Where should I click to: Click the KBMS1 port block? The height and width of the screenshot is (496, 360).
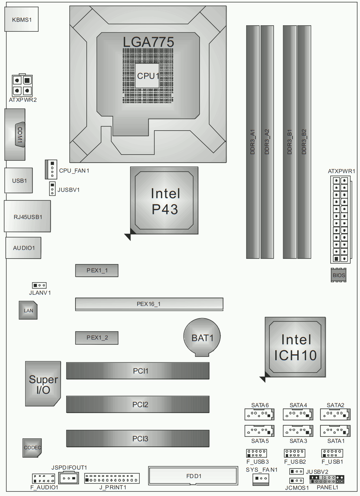(21, 19)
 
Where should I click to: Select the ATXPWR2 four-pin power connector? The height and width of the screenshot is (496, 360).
(22, 85)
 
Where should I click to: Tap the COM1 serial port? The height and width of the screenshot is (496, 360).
(15, 134)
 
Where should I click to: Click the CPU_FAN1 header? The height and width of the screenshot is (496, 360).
(51, 169)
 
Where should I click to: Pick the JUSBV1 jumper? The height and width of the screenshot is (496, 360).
(52, 189)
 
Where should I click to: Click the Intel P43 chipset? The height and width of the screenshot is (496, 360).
(164, 201)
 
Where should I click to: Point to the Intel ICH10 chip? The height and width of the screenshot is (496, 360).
(295, 347)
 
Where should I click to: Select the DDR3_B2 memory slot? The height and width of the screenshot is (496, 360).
(304, 142)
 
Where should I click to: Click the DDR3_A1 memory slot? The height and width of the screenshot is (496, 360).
(253, 142)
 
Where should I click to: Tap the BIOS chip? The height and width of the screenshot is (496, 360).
(339, 275)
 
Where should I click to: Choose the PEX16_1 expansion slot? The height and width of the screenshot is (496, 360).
(149, 304)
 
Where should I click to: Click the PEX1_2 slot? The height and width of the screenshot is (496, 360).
(97, 338)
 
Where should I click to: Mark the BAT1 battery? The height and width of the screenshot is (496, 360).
(202, 337)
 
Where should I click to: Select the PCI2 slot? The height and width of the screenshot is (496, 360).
(137, 404)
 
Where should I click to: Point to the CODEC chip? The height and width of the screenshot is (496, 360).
(32, 448)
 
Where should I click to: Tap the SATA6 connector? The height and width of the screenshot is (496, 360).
(260, 414)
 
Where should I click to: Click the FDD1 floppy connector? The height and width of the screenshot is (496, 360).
(193, 476)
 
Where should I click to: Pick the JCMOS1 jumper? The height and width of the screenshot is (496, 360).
(296, 481)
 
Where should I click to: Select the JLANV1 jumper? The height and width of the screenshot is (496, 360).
(39, 285)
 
